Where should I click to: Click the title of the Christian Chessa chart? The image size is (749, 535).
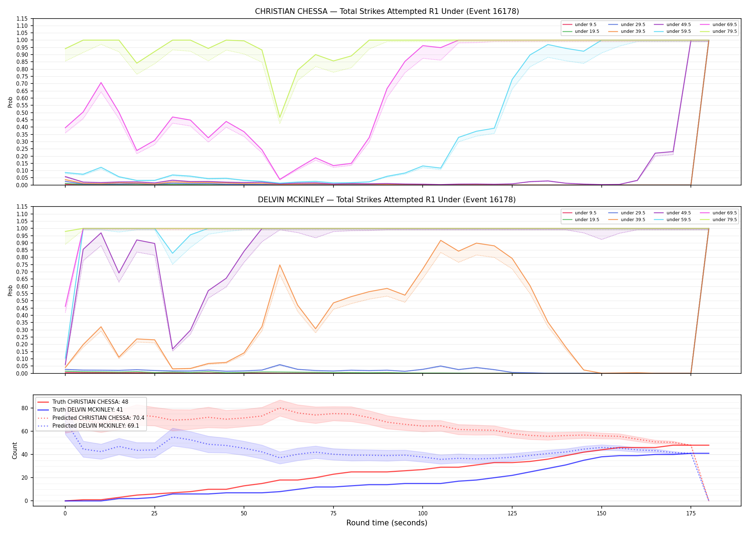pyautogui.click(x=387, y=11)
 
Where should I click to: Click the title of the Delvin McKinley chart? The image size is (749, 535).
pyautogui.click(x=387, y=200)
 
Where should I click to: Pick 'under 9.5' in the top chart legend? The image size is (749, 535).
pyautogui.click(x=585, y=25)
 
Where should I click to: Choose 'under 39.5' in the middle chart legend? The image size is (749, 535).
pyautogui.click(x=633, y=220)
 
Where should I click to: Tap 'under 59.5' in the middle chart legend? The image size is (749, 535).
pyautogui.click(x=678, y=220)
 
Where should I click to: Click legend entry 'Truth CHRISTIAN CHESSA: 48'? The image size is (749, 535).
pyautogui.click(x=90, y=402)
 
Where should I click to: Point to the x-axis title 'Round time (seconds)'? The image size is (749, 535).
pyautogui.click(x=387, y=523)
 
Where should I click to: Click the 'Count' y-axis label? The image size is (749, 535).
pyautogui.click(x=15, y=450)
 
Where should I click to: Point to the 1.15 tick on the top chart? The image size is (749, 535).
pyautogui.click(x=22, y=19)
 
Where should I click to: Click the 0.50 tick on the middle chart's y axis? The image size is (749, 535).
pyautogui.click(x=22, y=301)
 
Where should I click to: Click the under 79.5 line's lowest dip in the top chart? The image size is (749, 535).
pyautogui.click(x=280, y=117)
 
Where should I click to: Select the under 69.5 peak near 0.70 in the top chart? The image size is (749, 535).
pyautogui.click(x=101, y=83)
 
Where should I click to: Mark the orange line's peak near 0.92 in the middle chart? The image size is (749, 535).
pyautogui.click(x=440, y=240)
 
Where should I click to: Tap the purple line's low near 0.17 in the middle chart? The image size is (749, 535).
pyautogui.click(x=173, y=349)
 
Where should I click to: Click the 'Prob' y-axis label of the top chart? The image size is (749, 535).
pyautogui.click(x=10, y=102)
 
